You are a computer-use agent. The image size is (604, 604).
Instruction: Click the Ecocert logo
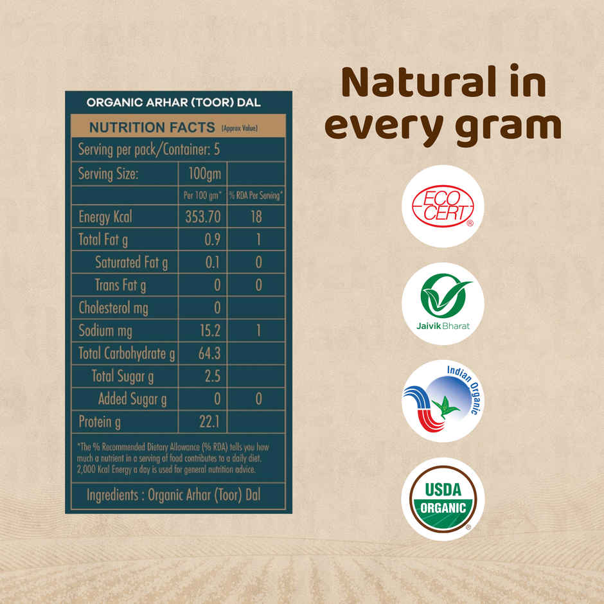pos(442,206)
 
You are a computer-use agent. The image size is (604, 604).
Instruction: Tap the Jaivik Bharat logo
pos(442,304)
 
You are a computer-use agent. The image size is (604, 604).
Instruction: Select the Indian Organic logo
pos(442,401)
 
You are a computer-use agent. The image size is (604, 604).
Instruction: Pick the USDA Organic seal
pos(442,499)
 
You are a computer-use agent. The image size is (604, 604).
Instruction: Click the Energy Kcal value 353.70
pos(202,217)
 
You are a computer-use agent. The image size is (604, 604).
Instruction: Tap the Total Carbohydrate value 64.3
pos(207,353)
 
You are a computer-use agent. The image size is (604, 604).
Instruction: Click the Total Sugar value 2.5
pos(212,376)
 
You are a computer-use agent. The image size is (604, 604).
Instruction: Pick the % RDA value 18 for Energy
pos(256,217)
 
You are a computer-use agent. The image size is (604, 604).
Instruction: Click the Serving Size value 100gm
pos(203,173)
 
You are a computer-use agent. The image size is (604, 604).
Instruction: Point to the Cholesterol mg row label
pos(113,308)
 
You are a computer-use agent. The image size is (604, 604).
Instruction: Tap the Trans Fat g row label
pos(120,285)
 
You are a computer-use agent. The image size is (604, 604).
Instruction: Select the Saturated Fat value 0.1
pos(213,262)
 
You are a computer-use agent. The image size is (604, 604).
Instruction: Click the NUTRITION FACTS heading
pos(152,127)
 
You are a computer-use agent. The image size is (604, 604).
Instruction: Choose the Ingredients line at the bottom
pos(173,495)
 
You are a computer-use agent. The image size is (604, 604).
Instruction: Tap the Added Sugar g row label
pos(132,399)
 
